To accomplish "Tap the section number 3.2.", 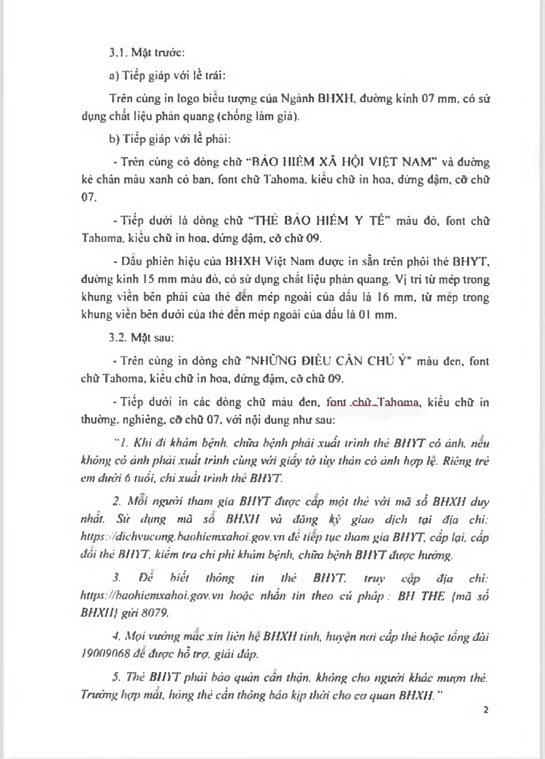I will (117, 338).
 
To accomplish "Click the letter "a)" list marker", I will (114, 75).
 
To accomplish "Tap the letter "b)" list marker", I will (114, 139).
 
